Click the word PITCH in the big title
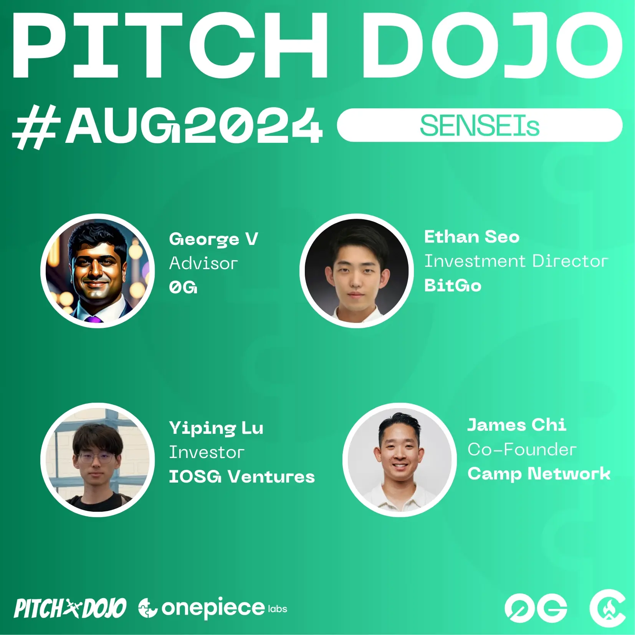pos(170,46)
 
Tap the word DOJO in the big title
pos(492,46)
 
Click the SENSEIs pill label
pos(480,126)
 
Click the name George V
pos(213,240)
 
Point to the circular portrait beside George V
pos(98,271)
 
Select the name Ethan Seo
pos(471,236)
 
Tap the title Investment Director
pos(516,261)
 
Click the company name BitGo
pos(453,286)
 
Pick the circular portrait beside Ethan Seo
pos(357,271)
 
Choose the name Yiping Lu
pos(216,428)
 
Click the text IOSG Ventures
pos(242,477)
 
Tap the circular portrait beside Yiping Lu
pos(98,460)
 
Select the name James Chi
pos(516,425)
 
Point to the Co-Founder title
pos(522,450)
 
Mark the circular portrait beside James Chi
pos(400,460)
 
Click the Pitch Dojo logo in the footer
pos(70,608)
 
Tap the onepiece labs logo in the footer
pos(213,608)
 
